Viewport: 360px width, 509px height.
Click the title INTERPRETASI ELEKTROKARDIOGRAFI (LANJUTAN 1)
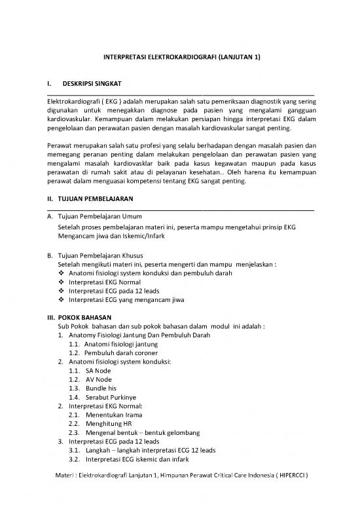pyautogui.click(x=183, y=58)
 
